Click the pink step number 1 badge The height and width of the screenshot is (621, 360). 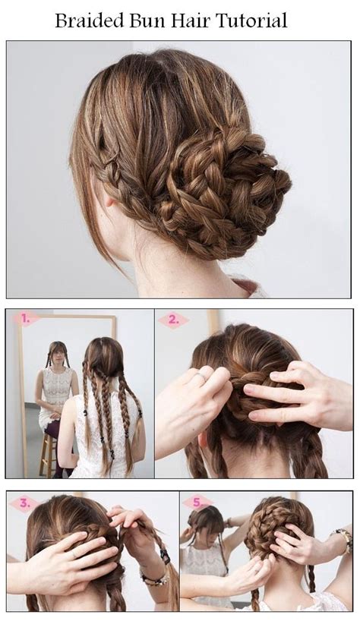(x=25, y=318)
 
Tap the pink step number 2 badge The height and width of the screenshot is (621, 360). (x=173, y=320)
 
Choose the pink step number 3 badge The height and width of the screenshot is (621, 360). (x=24, y=503)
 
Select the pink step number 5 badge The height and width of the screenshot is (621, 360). (x=197, y=503)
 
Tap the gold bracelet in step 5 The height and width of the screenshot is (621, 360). (x=343, y=540)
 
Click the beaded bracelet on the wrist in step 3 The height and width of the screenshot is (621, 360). (x=155, y=578)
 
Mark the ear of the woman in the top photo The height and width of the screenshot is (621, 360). (x=108, y=198)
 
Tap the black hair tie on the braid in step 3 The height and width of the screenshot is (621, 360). (x=164, y=556)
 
